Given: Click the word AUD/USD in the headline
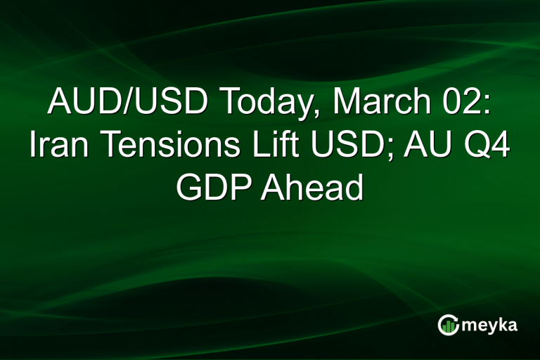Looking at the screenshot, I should click(x=127, y=103).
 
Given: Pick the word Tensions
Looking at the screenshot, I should click(x=163, y=146).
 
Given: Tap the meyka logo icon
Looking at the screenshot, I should click(x=448, y=325).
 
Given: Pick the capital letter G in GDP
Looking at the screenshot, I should click(x=189, y=188).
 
